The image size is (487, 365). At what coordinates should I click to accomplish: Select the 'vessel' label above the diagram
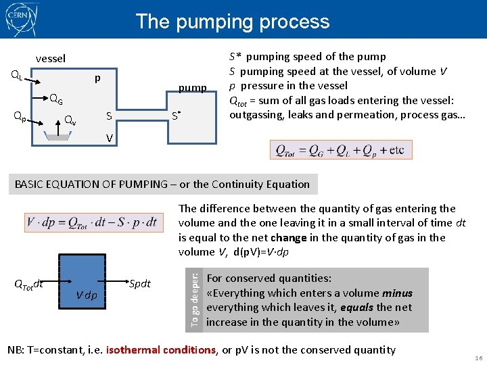pyautogui.click(x=51, y=59)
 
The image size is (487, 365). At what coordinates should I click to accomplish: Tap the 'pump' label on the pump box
pyautogui.click(x=192, y=88)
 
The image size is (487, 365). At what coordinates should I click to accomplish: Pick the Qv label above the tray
pyautogui.click(x=70, y=121)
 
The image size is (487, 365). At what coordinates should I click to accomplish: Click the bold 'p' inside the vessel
pyautogui.click(x=97, y=78)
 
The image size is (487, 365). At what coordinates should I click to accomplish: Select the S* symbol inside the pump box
pyautogui.click(x=175, y=116)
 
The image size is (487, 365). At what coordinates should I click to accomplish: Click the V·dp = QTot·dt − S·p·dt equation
pyautogui.click(x=92, y=221)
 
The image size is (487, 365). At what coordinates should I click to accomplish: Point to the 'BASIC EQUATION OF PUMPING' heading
pyautogui.click(x=162, y=184)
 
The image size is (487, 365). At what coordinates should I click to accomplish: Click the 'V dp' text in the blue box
pyautogui.click(x=86, y=296)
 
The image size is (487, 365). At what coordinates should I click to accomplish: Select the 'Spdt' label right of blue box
pyautogui.click(x=140, y=283)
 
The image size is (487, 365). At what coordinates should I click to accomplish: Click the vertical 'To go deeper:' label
pyautogui.click(x=195, y=299)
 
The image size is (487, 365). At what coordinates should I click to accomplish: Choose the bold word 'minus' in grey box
pyautogui.click(x=397, y=293)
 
